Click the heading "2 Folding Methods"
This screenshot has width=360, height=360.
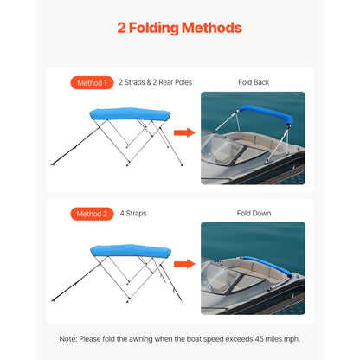179,28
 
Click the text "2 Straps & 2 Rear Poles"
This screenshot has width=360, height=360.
155,83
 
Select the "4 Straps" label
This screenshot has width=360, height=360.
134,214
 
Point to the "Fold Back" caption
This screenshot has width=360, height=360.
253,83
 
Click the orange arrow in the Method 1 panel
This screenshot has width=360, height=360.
183,132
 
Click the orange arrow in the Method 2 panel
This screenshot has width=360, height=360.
183,263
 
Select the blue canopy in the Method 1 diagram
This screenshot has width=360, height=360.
125,114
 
